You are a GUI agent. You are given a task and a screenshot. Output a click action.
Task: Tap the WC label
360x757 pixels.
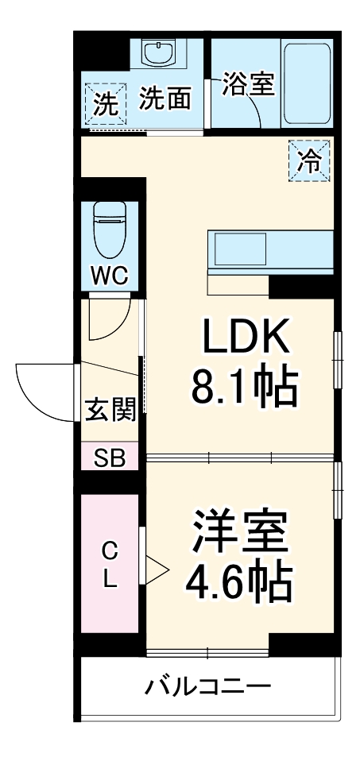point(110,276)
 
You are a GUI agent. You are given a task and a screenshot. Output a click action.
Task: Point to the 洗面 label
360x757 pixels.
point(165,99)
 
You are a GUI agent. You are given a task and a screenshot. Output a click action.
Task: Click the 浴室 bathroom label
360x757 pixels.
point(248,84)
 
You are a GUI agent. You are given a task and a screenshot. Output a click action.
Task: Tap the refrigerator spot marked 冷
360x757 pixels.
point(310,162)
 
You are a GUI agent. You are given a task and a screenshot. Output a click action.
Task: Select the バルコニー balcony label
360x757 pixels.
point(207,686)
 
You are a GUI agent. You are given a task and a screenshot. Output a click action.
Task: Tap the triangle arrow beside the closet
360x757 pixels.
point(156,568)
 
